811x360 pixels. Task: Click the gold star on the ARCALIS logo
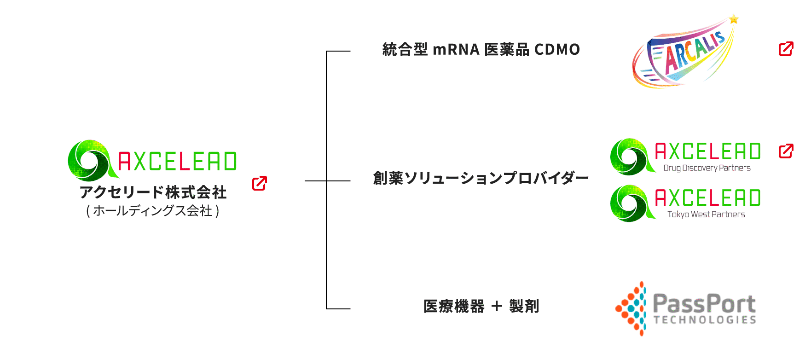(734, 19)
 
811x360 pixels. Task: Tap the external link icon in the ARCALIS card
(786, 49)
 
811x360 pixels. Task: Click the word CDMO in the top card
(556, 49)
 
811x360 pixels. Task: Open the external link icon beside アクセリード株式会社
(260, 183)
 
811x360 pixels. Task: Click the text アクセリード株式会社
(153, 192)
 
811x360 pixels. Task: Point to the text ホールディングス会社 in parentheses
(153, 211)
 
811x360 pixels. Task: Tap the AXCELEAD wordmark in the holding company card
(178, 161)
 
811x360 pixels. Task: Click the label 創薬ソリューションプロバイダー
(481, 178)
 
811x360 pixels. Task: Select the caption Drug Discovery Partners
(707, 168)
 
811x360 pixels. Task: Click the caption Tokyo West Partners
(706, 215)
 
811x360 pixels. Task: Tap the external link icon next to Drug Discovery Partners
(786, 151)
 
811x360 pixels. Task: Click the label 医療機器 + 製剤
(481, 306)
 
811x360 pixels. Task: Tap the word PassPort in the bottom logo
(704, 304)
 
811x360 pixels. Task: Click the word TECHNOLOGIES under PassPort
(705, 320)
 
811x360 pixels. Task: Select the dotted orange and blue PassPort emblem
(632, 308)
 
